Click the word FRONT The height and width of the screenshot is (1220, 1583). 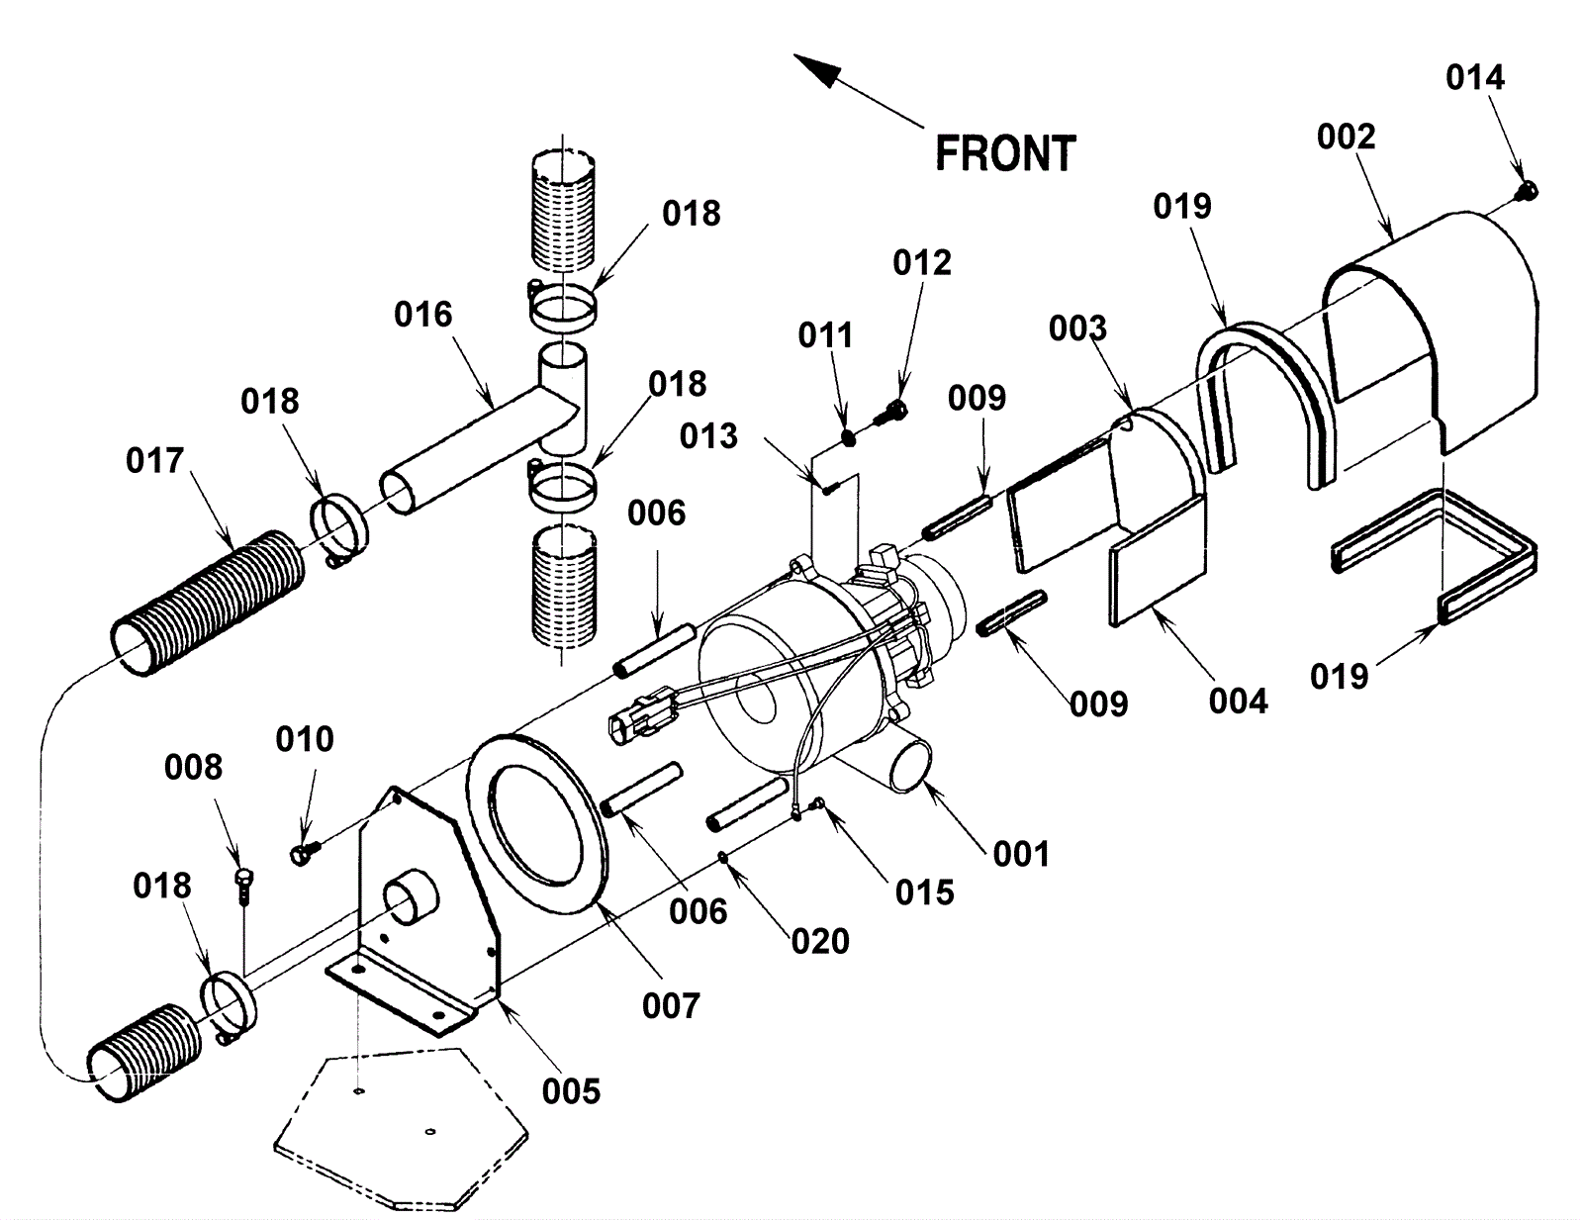[1005, 153]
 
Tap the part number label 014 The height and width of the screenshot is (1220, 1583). [1475, 77]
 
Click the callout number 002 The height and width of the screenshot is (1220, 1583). [1347, 137]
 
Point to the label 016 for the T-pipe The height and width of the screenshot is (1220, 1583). [423, 315]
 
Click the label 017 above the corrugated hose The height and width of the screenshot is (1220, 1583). [154, 461]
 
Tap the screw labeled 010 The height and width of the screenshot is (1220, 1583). [306, 851]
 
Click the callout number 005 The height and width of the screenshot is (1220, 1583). [571, 1091]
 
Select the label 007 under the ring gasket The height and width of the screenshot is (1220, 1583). [671, 1006]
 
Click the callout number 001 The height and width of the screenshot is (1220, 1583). [1021, 854]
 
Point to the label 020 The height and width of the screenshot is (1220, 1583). [820, 942]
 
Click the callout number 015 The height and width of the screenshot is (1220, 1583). [924, 892]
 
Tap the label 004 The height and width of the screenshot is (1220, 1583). [1239, 701]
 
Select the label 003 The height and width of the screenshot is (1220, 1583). [1078, 328]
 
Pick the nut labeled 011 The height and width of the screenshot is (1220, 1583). [848, 437]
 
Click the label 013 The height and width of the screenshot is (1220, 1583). [708, 436]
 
